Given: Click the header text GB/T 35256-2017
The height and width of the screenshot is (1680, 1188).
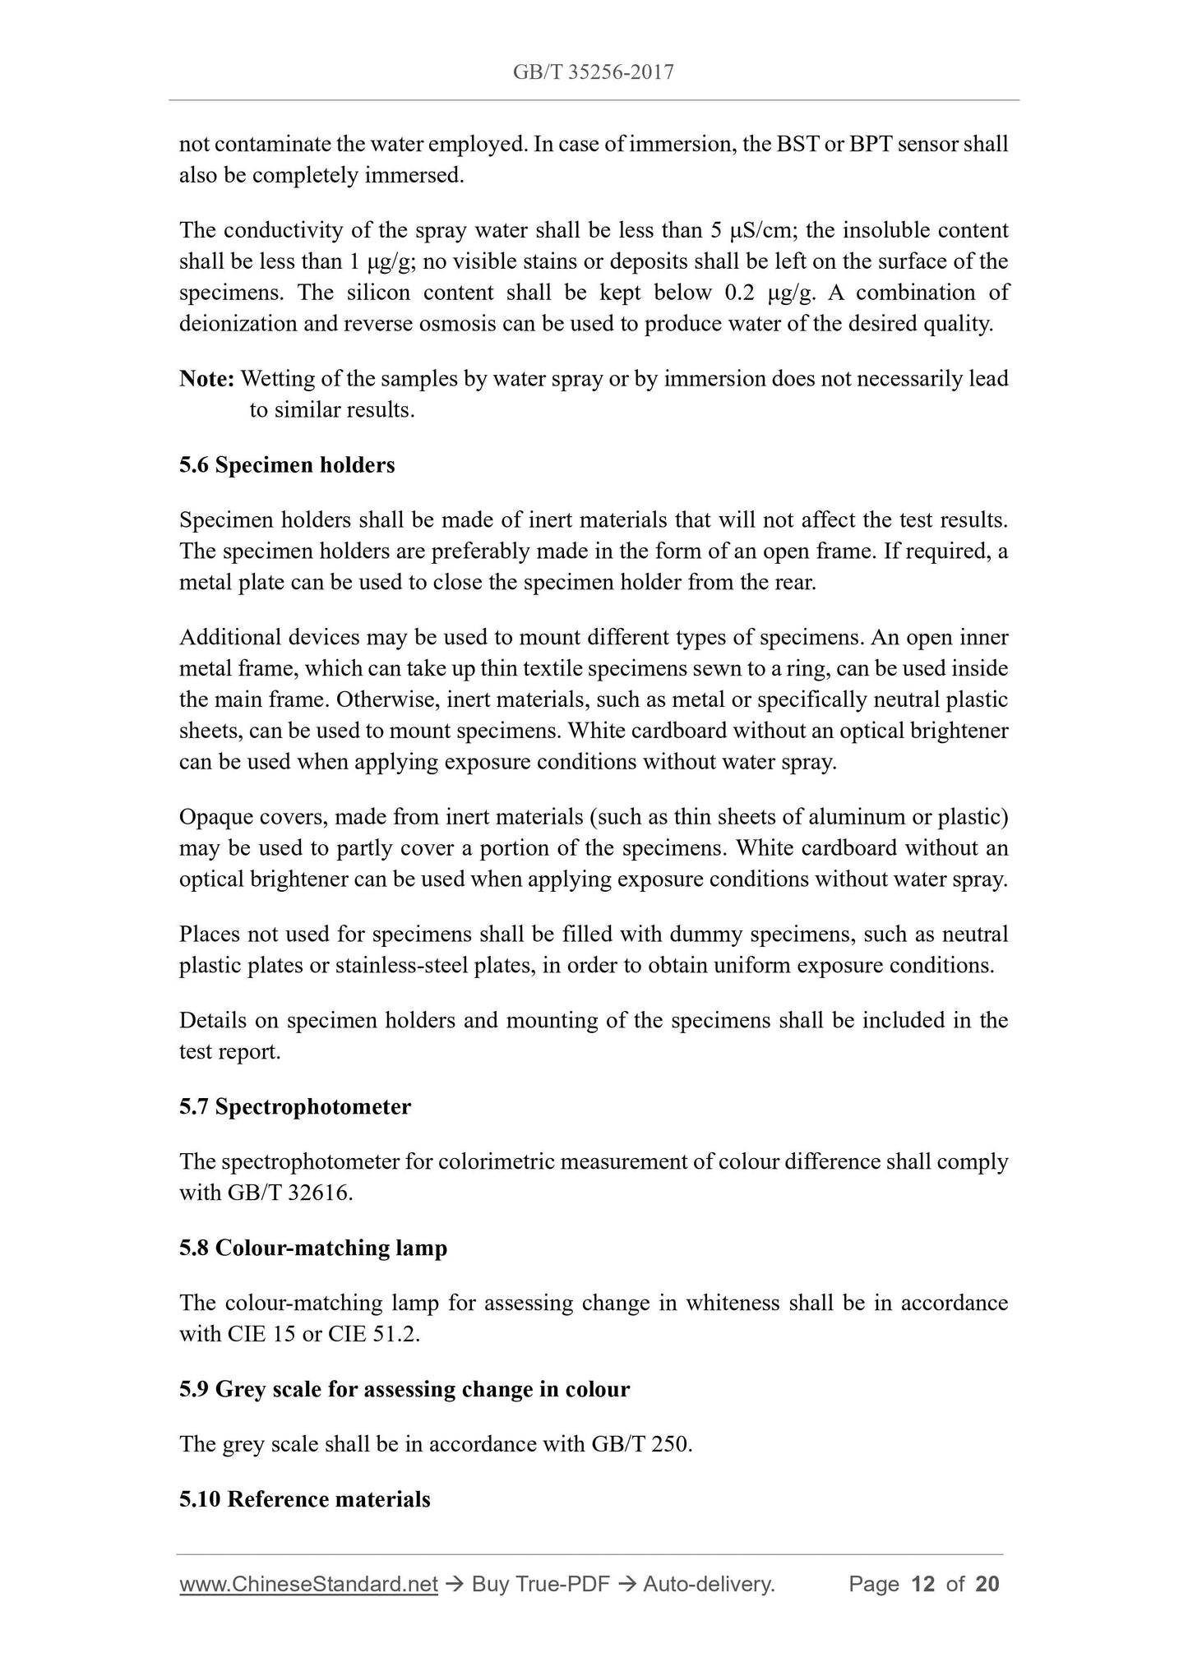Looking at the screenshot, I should [593, 72].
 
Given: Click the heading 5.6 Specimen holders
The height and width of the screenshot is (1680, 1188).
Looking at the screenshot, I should [287, 465].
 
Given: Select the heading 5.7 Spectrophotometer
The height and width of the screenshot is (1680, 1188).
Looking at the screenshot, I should [295, 1107].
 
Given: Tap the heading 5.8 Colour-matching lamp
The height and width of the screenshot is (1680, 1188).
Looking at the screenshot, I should [313, 1248].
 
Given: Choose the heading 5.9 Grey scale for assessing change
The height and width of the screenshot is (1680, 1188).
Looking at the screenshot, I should [404, 1389].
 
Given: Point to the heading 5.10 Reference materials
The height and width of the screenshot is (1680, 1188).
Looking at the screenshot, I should [305, 1499].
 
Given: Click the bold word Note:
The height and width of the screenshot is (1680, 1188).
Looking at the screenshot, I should [207, 379].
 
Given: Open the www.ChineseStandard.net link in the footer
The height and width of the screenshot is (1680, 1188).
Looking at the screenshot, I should [308, 1584].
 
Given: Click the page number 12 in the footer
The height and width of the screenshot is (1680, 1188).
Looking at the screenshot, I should [923, 1584].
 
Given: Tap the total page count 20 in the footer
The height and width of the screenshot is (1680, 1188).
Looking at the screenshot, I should [987, 1584].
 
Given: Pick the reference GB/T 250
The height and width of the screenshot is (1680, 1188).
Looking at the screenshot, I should [641, 1444].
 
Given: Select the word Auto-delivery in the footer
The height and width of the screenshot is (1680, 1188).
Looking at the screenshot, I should [708, 1584].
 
